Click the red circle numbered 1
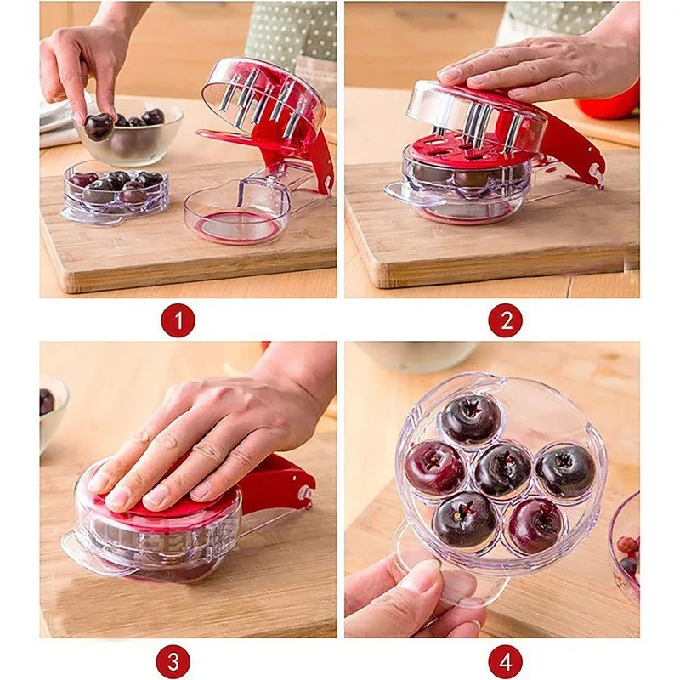(x=178, y=320)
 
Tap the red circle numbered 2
(x=505, y=320)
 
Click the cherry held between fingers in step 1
(x=99, y=126)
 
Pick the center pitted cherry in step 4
(x=501, y=468)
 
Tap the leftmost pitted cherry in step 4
(x=436, y=467)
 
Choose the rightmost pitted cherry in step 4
(x=564, y=470)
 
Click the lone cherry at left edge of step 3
(x=46, y=401)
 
